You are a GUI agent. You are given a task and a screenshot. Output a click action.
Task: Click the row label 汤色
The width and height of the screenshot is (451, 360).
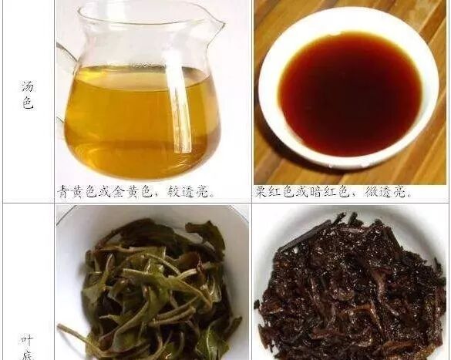click(x=28, y=95)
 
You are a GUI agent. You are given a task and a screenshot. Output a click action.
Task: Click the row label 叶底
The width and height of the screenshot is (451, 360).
click(x=29, y=347)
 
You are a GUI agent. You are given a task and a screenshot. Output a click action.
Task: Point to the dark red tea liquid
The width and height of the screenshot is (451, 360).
click(x=351, y=93)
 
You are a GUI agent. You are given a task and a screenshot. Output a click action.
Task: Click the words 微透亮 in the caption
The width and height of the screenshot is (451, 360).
click(x=385, y=192)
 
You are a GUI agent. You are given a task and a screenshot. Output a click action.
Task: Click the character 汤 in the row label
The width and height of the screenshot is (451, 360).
click(x=28, y=86)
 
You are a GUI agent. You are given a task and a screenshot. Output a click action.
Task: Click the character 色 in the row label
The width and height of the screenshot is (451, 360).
click(x=28, y=103)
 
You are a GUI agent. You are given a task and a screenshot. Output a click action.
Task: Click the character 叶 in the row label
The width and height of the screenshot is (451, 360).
click(x=29, y=341)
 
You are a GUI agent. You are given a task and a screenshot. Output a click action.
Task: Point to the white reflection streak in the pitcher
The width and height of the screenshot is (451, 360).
click(x=179, y=101)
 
